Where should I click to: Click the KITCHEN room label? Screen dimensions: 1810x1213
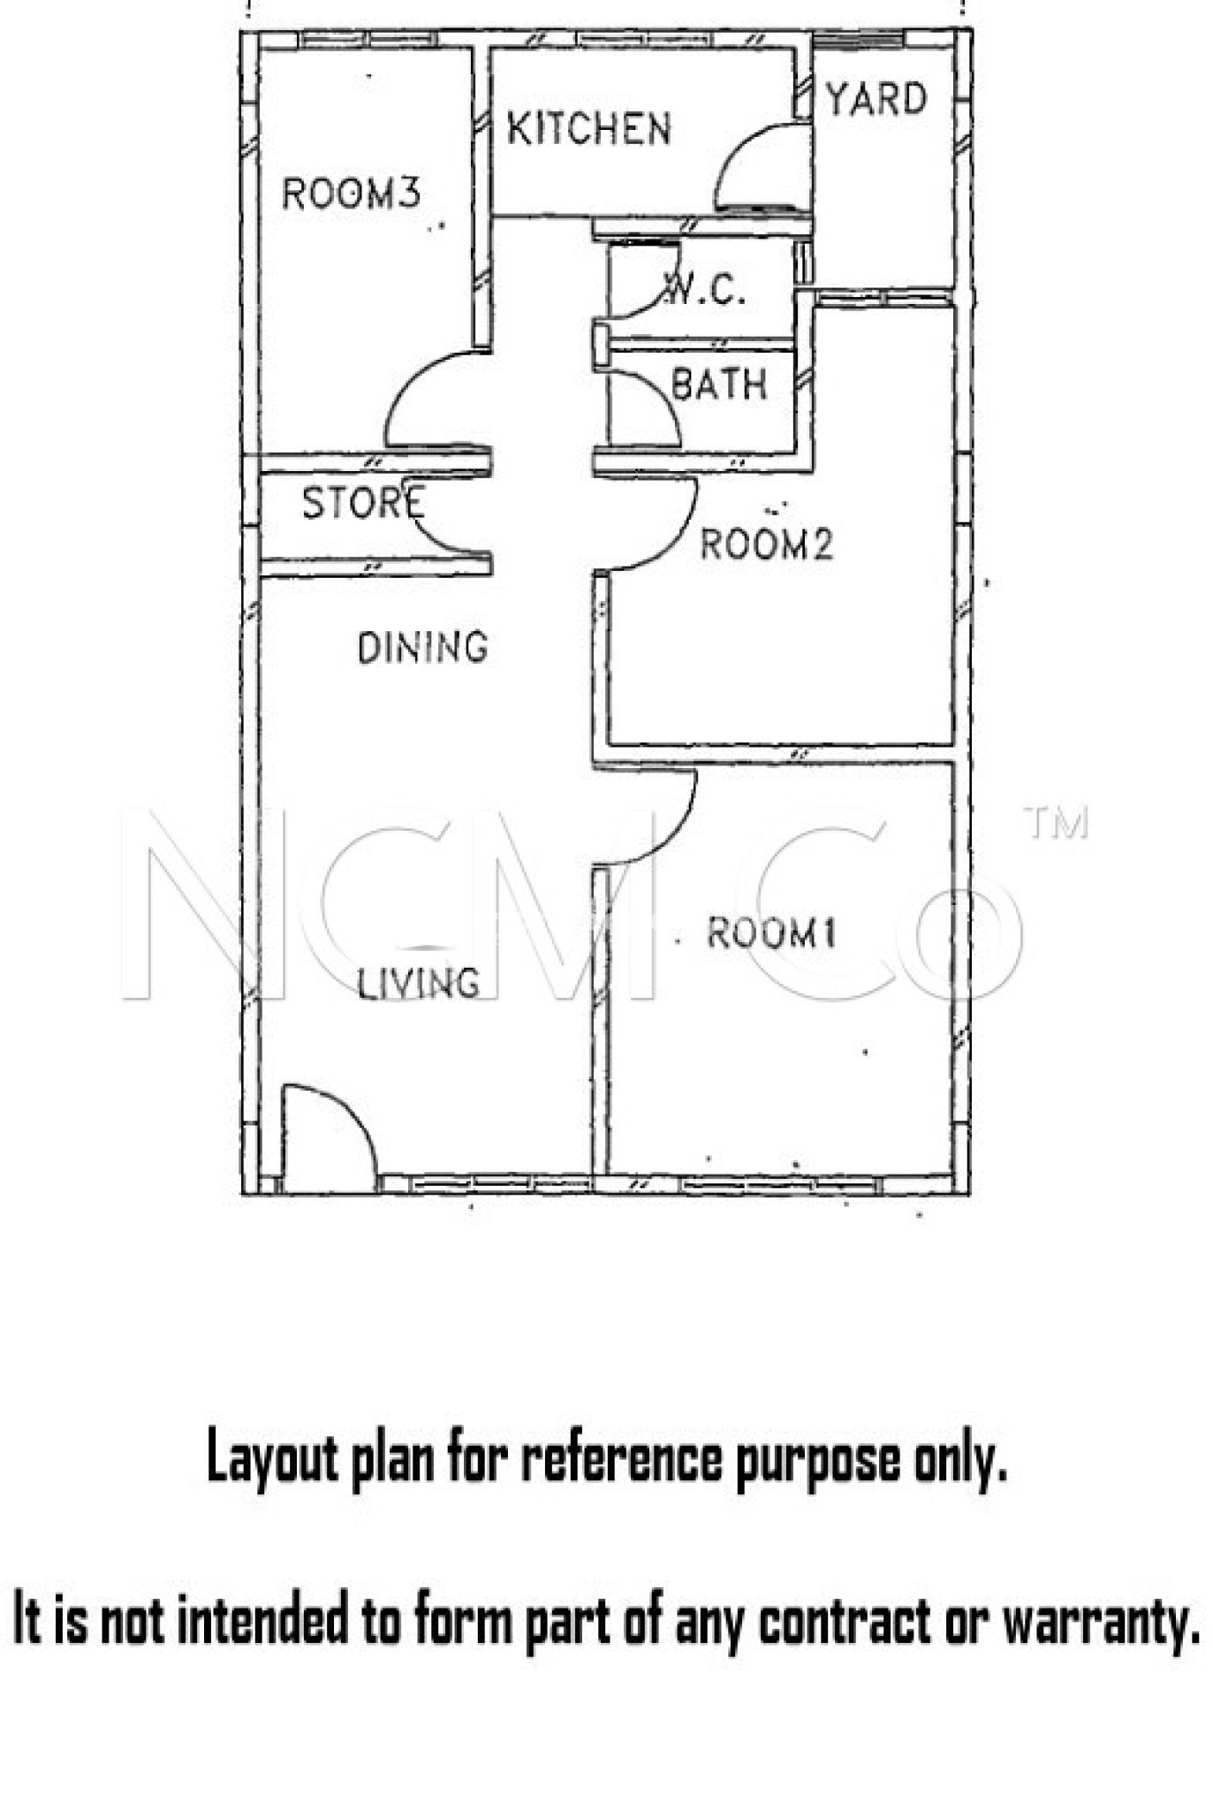point(588,129)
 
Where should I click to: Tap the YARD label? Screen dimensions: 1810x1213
point(876,99)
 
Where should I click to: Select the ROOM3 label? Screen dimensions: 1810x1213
point(351,194)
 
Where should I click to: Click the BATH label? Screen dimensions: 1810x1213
point(718,384)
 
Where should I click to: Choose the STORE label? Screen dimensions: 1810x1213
point(363,503)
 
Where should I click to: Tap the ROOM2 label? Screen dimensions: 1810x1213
point(766,544)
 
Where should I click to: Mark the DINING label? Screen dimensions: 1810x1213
point(422,648)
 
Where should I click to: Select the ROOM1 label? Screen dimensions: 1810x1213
point(771,933)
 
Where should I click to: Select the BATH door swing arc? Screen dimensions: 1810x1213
point(648,407)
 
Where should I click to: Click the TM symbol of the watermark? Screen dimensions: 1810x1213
point(1056,823)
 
